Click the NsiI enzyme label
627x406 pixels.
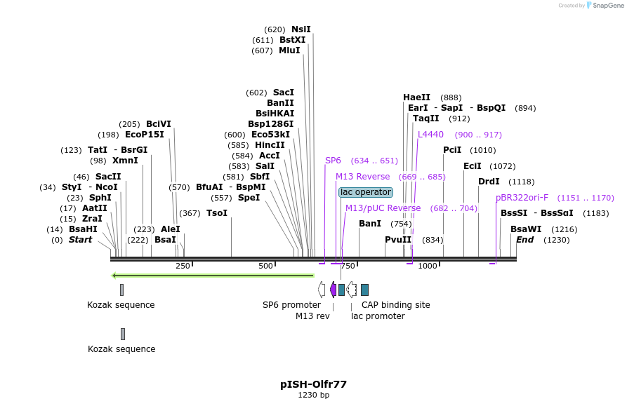(x=301, y=29)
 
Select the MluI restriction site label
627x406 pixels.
(x=289, y=50)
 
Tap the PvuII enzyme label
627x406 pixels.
(x=398, y=240)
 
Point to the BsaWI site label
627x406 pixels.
(x=526, y=229)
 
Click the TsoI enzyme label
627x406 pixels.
(x=217, y=213)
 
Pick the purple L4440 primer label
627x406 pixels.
(x=430, y=135)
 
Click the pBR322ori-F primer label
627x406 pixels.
(x=522, y=198)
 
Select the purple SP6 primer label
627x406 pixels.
(x=333, y=161)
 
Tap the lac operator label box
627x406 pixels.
(x=365, y=192)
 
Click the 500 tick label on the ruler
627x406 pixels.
(x=265, y=266)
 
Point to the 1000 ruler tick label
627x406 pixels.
(x=427, y=266)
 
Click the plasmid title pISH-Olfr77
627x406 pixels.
(x=313, y=384)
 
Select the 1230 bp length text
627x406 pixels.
(x=313, y=395)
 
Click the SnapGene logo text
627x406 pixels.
(x=608, y=6)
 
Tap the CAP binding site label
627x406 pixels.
(x=395, y=305)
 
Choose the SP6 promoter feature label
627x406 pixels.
(x=291, y=305)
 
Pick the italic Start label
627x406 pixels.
(x=80, y=240)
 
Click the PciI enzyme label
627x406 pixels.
(x=452, y=150)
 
